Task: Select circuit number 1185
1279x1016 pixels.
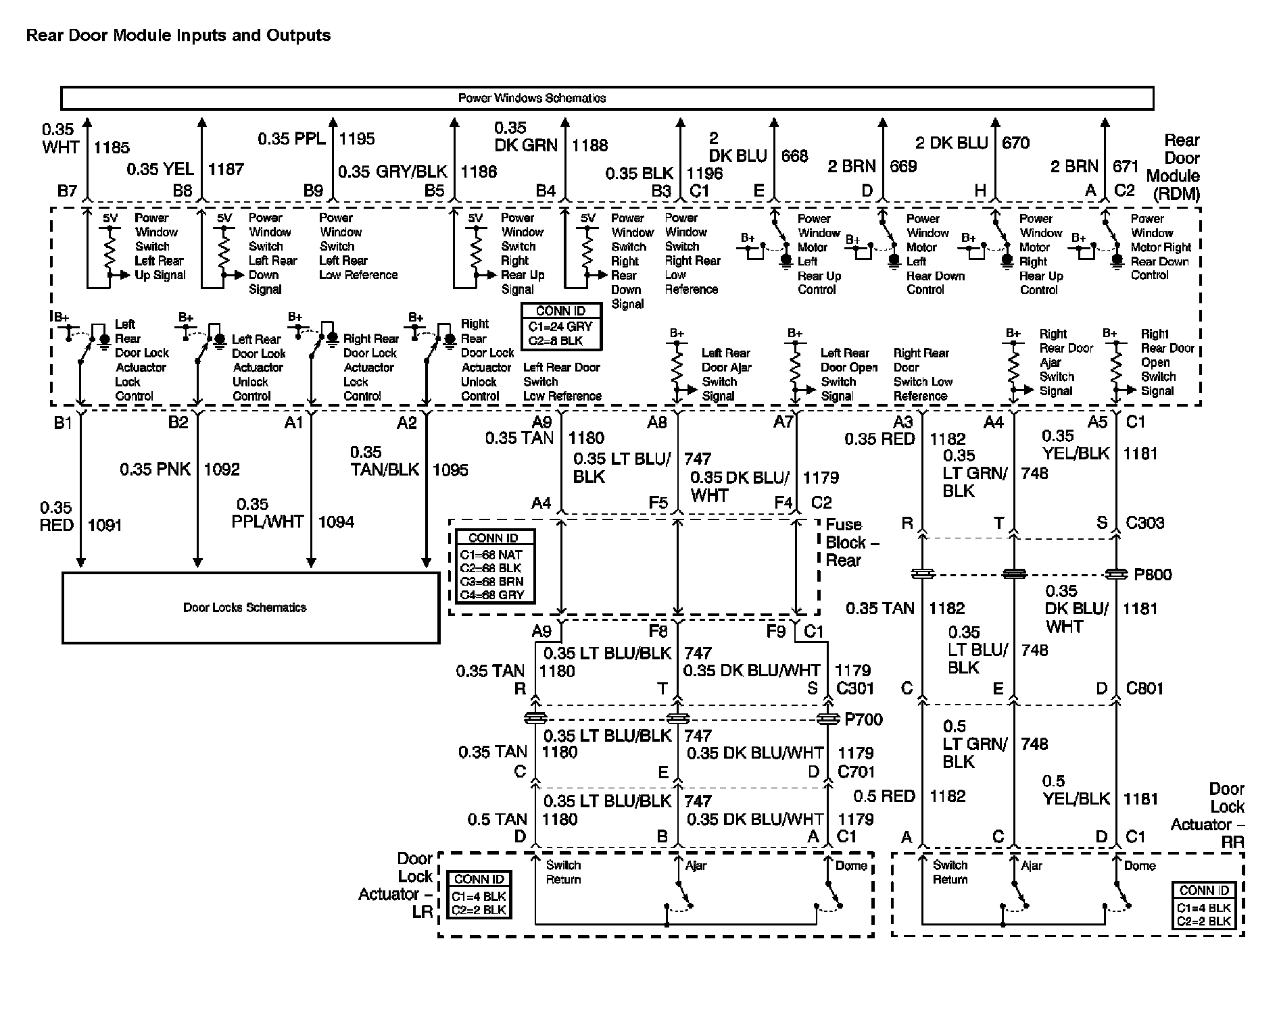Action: pyautogui.click(x=111, y=147)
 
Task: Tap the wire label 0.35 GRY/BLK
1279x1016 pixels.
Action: pyautogui.click(x=392, y=172)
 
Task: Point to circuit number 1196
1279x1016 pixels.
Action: pyautogui.click(x=705, y=174)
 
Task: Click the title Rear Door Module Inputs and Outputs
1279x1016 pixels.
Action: pyautogui.click(x=178, y=35)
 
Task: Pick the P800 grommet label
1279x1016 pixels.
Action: pyautogui.click(x=1153, y=575)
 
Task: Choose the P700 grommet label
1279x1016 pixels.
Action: pyautogui.click(x=863, y=719)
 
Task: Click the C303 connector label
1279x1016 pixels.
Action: pyautogui.click(x=1144, y=522)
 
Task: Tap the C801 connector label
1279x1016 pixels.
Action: pyautogui.click(x=1144, y=688)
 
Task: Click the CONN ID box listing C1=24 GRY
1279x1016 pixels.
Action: pyautogui.click(x=560, y=326)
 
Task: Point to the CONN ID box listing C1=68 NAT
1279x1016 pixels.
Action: pyautogui.click(x=493, y=567)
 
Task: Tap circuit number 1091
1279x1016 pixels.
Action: pyautogui.click(x=105, y=525)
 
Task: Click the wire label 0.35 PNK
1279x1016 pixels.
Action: pyautogui.click(x=155, y=469)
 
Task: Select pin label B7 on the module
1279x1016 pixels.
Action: pyautogui.click(x=67, y=191)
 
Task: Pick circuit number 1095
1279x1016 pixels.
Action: pyautogui.click(x=450, y=469)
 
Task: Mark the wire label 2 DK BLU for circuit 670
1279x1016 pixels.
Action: pyautogui.click(x=952, y=143)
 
